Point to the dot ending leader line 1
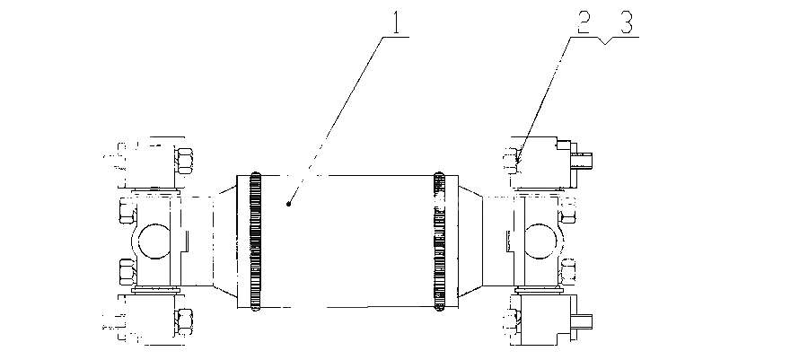pyautogui.click(x=288, y=205)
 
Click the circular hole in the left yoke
pyautogui.click(x=154, y=241)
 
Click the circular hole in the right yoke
pyautogui.click(x=540, y=241)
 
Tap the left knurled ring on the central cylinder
pyautogui.click(x=256, y=241)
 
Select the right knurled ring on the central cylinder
pyautogui.click(x=439, y=241)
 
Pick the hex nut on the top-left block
pyautogui.click(x=184, y=160)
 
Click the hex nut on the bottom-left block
pyautogui.click(x=184, y=321)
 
